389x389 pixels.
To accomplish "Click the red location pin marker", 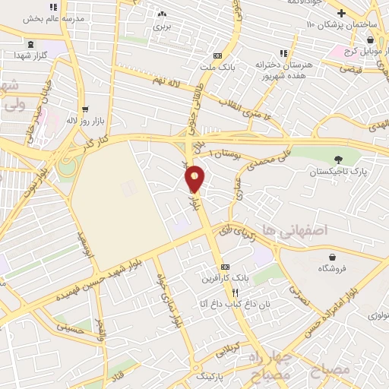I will (195, 178).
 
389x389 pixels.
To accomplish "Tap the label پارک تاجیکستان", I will (337, 172).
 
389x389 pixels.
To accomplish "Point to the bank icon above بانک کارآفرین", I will (225, 267).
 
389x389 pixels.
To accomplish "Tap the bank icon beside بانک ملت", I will (218, 55).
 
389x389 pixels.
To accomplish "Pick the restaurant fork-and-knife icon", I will (236, 293).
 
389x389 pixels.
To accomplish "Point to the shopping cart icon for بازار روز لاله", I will (84, 109).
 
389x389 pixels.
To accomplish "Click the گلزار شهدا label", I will (33, 56).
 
